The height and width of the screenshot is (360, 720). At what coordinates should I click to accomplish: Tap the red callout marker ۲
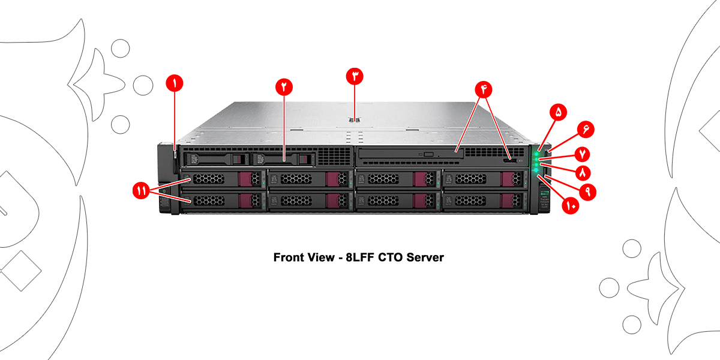click(x=284, y=87)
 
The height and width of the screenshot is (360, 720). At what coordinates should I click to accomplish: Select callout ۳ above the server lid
click(x=355, y=76)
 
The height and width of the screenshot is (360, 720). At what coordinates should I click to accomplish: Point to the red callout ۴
click(x=483, y=89)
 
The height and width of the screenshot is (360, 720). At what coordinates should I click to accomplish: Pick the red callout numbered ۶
click(x=586, y=130)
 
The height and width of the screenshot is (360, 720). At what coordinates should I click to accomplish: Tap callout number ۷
click(x=582, y=153)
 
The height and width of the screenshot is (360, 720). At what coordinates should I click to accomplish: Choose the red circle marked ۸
click(x=582, y=172)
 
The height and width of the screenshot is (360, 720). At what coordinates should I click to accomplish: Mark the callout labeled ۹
click(x=587, y=191)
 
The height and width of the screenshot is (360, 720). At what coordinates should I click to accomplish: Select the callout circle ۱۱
click(x=142, y=191)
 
